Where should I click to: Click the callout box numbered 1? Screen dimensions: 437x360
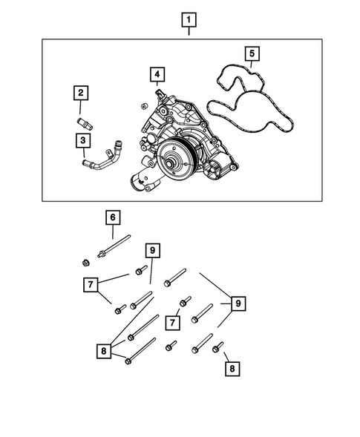tap(190, 20)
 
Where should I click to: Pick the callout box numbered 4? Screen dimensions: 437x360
tap(157, 74)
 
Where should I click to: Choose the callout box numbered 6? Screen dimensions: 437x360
tap(112, 217)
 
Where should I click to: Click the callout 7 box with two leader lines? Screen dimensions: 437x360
tap(91, 284)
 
